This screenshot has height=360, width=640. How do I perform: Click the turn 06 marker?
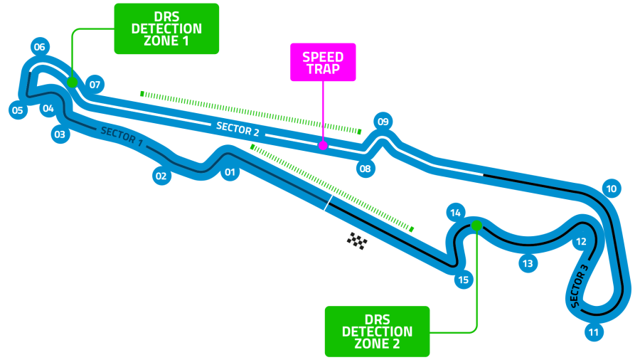click(x=39, y=48)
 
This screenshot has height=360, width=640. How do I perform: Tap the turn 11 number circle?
click(x=594, y=332)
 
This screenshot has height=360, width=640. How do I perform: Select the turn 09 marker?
click(x=383, y=121)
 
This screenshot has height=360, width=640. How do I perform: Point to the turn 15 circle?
click(x=464, y=280)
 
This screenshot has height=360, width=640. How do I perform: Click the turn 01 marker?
click(x=230, y=172)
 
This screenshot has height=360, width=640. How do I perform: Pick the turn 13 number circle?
click(x=527, y=264)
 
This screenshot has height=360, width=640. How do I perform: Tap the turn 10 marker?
click(x=611, y=189)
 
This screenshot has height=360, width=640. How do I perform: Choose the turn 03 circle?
click(x=60, y=134)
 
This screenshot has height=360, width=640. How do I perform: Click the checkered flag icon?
click(x=357, y=241)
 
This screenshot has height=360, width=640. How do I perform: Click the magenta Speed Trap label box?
click(x=323, y=63)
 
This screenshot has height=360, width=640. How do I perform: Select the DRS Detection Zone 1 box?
click(x=167, y=29)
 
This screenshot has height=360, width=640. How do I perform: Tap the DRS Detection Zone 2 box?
click(x=377, y=332)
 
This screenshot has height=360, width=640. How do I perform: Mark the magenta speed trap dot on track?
click(x=323, y=145)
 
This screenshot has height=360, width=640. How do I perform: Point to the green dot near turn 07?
click(x=72, y=83)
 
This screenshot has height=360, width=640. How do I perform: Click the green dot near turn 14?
click(x=476, y=226)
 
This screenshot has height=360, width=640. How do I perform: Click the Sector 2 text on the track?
click(x=238, y=129)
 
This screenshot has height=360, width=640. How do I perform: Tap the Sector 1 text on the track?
click(x=122, y=137)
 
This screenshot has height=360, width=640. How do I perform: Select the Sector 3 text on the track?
click(x=579, y=287)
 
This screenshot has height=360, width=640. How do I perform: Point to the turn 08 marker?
click(x=365, y=169)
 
